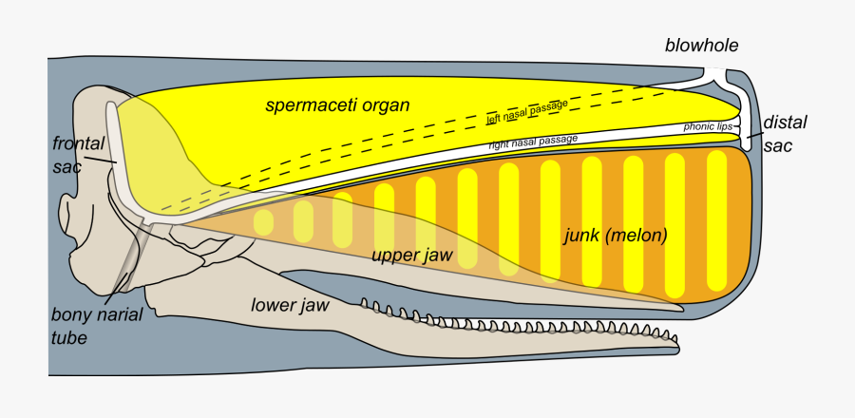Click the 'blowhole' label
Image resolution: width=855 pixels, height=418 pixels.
(x=701, y=46)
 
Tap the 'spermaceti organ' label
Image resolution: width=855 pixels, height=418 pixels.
(x=337, y=105)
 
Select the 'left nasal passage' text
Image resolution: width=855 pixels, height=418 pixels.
(x=527, y=112)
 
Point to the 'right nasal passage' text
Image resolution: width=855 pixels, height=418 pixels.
(x=533, y=142)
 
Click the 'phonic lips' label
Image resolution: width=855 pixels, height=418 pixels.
(x=708, y=127)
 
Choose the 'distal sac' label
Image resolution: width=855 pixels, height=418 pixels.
(x=785, y=133)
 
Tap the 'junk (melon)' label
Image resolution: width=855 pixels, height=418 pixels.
(x=615, y=236)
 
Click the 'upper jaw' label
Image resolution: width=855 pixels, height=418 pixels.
(x=411, y=255)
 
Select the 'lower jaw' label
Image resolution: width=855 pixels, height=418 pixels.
(x=290, y=305)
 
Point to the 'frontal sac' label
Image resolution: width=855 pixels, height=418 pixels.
(x=78, y=154)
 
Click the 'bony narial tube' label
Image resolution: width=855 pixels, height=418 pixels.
(x=97, y=325)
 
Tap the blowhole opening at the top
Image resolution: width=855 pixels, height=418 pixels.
(x=714, y=70)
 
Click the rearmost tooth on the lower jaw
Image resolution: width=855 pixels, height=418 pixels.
(x=364, y=303)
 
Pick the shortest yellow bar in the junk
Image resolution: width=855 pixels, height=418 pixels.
(x=263, y=223)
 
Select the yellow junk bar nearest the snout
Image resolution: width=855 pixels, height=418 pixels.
(x=716, y=220)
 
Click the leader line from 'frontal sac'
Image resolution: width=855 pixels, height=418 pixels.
(x=101, y=161)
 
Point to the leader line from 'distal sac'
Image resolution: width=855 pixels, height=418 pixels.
(x=754, y=133)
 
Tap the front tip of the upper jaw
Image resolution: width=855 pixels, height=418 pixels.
(x=682, y=309)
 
